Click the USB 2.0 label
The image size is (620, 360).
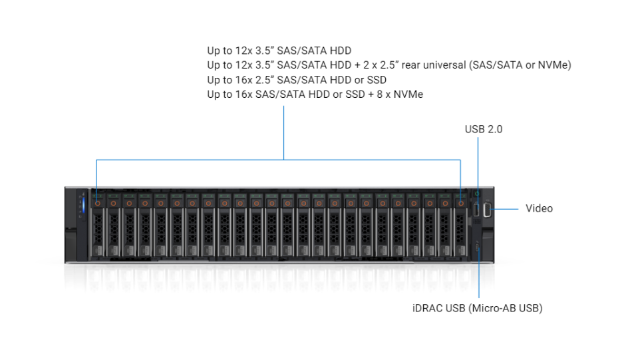click(483, 129)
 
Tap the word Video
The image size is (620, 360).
click(539, 208)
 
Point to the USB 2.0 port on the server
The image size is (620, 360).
click(477, 211)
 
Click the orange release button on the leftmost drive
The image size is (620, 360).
click(97, 202)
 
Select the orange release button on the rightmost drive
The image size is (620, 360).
click(460, 202)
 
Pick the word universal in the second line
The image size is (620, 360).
click(443, 65)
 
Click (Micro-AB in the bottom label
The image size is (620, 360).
click(490, 308)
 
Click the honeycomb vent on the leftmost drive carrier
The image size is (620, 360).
click(97, 230)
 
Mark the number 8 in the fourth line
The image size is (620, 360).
click(375, 94)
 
